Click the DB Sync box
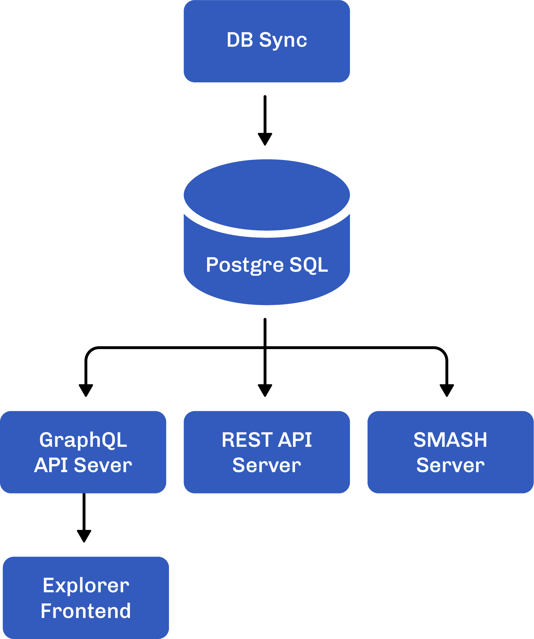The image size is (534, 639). (267, 41)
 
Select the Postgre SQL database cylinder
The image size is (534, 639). (267, 232)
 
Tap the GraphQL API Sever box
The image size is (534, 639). (83, 452)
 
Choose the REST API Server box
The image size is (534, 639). (267, 452)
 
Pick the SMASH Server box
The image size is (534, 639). (451, 452)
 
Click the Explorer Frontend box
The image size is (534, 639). (86, 598)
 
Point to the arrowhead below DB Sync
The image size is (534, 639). (265, 139)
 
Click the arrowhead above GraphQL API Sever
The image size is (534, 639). (86, 390)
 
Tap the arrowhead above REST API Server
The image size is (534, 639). (265, 390)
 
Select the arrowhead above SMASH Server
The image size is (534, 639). (447, 390)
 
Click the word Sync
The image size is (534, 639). (283, 41)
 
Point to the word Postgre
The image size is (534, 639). (245, 265)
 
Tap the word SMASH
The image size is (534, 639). (450, 440)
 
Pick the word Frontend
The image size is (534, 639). (86, 611)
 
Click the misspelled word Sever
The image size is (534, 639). (103, 465)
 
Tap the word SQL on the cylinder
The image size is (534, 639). (309, 265)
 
